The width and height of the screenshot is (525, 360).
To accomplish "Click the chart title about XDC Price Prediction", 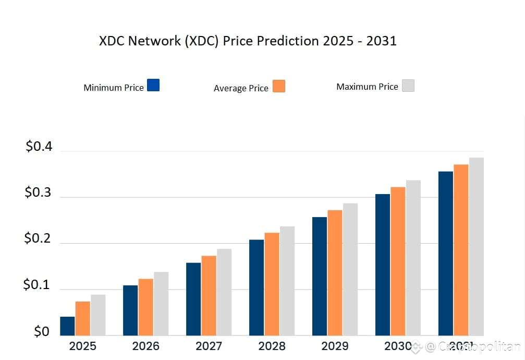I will pyautogui.click(x=248, y=41).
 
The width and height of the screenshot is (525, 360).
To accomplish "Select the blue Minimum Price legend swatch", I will pyautogui.click(x=153, y=85).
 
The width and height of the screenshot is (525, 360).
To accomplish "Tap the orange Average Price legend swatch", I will pyautogui.click(x=278, y=86).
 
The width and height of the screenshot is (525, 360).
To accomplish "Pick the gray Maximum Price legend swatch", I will pyautogui.click(x=408, y=86).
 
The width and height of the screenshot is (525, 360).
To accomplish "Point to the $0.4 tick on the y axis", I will pyautogui.click(x=39, y=147).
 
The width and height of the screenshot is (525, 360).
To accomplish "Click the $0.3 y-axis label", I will pyautogui.click(x=39, y=193).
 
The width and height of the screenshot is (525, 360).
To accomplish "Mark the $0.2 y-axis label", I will pyautogui.click(x=39, y=239).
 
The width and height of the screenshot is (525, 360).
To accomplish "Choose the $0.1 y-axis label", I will pyautogui.click(x=38, y=285).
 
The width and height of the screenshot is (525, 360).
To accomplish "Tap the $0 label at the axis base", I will pyautogui.click(x=42, y=331).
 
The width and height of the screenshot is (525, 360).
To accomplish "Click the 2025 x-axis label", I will pyautogui.click(x=82, y=346).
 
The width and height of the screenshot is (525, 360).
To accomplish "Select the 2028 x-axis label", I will pyautogui.click(x=272, y=346).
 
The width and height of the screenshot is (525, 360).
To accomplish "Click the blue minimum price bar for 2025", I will pyautogui.click(x=67, y=326).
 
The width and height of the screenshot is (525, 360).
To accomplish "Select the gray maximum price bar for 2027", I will pyautogui.click(x=224, y=292).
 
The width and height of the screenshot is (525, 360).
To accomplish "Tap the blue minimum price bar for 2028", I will pyautogui.click(x=257, y=287).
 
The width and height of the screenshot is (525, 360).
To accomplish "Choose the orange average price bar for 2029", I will pyautogui.click(x=335, y=273).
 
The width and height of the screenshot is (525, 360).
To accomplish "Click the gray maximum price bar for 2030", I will pyautogui.click(x=413, y=258).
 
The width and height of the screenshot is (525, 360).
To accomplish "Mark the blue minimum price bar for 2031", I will pyautogui.click(x=446, y=254).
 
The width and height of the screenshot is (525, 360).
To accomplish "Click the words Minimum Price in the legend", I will pyautogui.click(x=113, y=88).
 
